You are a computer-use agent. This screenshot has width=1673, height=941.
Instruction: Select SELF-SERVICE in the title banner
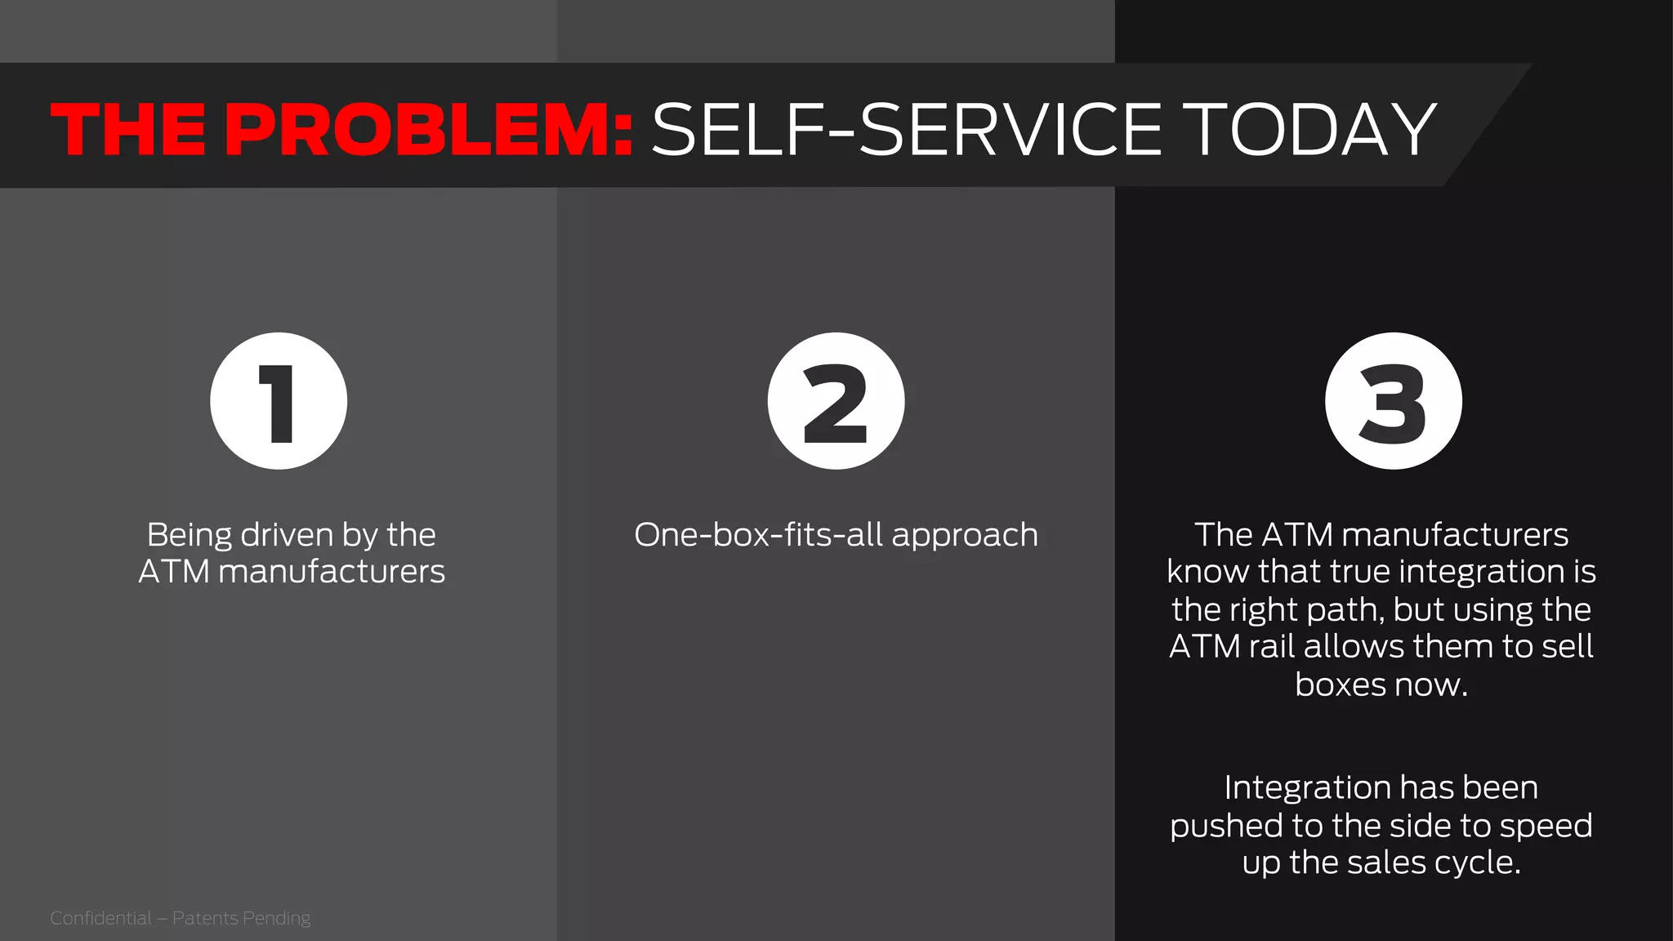(x=907, y=129)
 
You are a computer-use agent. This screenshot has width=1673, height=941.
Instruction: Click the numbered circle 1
(x=279, y=401)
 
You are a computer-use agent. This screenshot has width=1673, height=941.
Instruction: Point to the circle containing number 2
(x=836, y=401)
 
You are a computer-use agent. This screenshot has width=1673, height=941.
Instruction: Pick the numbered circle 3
(x=1393, y=401)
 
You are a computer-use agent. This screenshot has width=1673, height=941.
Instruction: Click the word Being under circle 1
(x=190, y=535)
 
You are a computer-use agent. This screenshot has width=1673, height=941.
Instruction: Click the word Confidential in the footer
(x=100, y=918)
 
